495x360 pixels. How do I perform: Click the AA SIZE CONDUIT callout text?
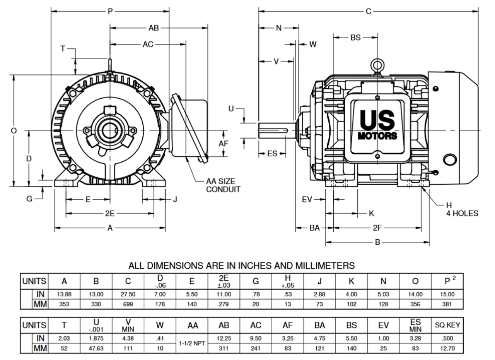pyautogui.click(x=223, y=185)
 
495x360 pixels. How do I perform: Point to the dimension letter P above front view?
pyautogui.click(x=110, y=12)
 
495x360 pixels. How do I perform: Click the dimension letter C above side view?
pyautogui.click(x=368, y=12)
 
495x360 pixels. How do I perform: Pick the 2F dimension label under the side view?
pyautogui.click(x=377, y=228)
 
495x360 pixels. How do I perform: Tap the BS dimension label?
pyautogui.click(x=355, y=38)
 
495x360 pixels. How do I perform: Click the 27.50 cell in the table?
pyautogui.click(x=128, y=294)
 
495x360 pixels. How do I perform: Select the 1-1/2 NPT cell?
pyautogui.click(x=192, y=343)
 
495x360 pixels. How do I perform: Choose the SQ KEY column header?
pyautogui.click(x=447, y=325)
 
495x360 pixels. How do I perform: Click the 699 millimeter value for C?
pyautogui.click(x=128, y=304)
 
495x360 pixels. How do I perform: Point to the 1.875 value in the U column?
pyautogui.click(x=96, y=338)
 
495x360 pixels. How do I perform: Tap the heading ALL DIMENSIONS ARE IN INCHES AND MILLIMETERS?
pyautogui.click(x=242, y=266)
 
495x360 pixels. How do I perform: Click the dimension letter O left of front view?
pyautogui.click(x=14, y=131)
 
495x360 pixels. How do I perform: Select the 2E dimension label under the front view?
pyautogui.click(x=110, y=213)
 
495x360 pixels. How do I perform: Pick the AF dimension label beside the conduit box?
pyautogui.click(x=224, y=144)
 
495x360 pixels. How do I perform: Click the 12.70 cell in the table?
pyautogui.click(x=447, y=348)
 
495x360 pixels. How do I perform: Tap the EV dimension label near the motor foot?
pyautogui.click(x=307, y=199)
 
